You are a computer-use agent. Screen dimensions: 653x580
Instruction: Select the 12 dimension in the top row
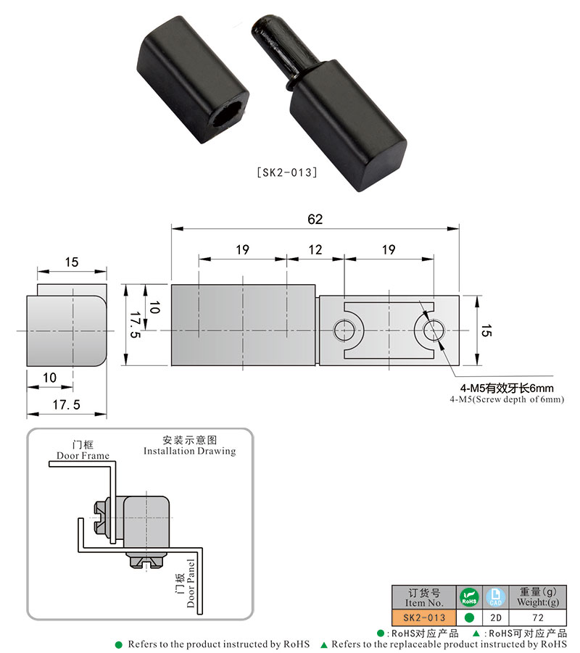pos(315,250)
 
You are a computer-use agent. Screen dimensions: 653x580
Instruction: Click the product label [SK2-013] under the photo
pos(287,173)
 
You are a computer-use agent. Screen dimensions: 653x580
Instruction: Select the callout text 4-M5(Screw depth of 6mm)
pos(506,399)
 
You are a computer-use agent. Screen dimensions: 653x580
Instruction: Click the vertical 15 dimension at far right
pos(486,330)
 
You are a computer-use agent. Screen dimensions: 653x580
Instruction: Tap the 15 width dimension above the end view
pos(71,263)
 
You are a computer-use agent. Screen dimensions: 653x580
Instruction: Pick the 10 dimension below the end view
pos(49,377)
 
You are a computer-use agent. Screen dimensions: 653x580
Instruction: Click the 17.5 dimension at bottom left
pos(66,406)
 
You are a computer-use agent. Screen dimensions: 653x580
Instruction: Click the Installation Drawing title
pos(189,451)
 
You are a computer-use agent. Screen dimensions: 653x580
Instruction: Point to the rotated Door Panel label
pos(191,583)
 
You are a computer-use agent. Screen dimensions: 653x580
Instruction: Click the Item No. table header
pos(424,597)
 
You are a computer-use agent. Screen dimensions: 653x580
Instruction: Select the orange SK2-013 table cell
pos(424,617)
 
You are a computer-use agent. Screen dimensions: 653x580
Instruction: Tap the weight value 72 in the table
pos(538,617)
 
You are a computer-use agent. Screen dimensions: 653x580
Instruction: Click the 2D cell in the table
pos(496,617)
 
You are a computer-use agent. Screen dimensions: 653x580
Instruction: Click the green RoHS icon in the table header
pos(469,597)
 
